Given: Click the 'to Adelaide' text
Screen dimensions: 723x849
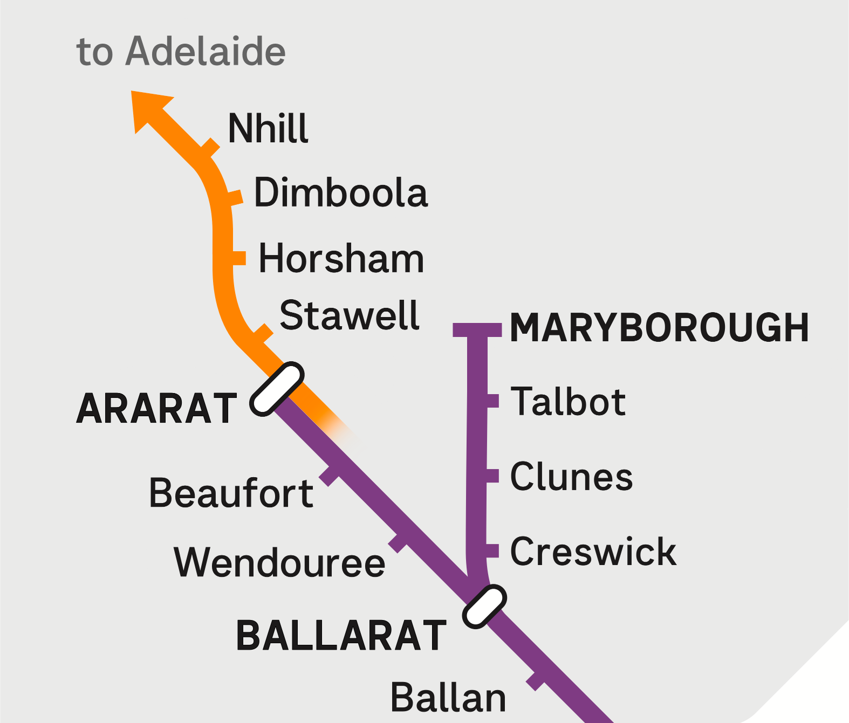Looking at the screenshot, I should [181, 52].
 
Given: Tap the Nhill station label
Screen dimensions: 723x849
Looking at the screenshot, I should [268, 129].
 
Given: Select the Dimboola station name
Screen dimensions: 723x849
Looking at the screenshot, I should [341, 192].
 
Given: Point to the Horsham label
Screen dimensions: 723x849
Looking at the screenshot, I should [341, 259].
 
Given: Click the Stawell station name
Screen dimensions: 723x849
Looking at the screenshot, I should [350, 315].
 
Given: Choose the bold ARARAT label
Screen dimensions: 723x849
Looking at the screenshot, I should [156, 409].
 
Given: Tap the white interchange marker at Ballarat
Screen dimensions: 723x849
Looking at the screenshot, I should [484, 607].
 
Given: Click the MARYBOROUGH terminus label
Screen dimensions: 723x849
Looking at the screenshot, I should [659, 328].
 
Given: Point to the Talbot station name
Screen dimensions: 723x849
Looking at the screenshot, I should [568, 402].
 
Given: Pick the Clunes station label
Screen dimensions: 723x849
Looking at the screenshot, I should [571, 477].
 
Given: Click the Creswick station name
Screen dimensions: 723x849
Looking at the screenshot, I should [593, 552].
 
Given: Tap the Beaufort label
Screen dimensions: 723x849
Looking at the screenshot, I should [231, 493].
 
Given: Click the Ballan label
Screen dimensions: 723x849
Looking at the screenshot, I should [448, 698].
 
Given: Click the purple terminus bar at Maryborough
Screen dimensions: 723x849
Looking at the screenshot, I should [477, 330].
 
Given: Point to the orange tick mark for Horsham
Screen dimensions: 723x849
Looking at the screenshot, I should [239, 258].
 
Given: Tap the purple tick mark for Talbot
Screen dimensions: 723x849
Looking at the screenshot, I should [493, 401].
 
